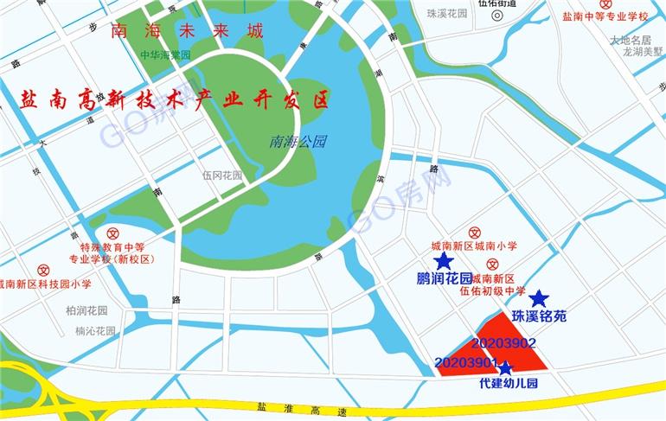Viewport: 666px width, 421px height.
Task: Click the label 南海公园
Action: click(x=298, y=141)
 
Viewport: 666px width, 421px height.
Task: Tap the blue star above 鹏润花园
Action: click(x=444, y=261)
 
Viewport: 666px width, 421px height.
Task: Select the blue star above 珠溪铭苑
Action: click(x=539, y=299)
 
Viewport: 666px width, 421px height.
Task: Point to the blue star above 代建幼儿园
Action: click(x=506, y=368)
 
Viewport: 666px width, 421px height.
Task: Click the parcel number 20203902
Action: click(x=505, y=344)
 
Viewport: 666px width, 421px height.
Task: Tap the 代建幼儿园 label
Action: click(x=509, y=383)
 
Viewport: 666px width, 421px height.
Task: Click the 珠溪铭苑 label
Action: click(x=539, y=317)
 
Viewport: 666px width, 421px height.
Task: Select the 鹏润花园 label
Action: click(x=444, y=278)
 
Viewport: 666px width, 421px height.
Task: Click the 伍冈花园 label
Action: click(x=223, y=175)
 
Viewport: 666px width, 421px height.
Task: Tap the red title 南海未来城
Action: click(x=187, y=33)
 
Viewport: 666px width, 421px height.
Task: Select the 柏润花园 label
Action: click(x=86, y=310)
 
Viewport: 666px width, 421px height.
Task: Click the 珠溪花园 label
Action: click(x=447, y=14)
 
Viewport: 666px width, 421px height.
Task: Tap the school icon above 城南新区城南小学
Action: click(x=474, y=233)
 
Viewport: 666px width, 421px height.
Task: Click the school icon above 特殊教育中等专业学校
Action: click(x=112, y=233)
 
